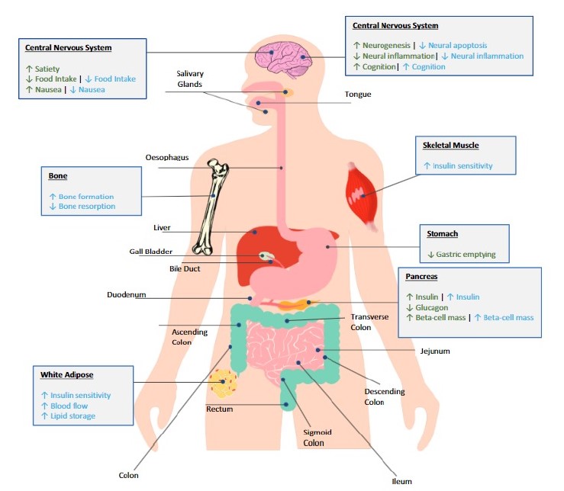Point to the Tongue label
pyautogui.click(x=358, y=95)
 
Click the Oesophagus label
pyautogui.click(x=167, y=158)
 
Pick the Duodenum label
pyautogui.click(x=126, y=294)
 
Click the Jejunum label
pyautogui.click(x=435, y=351)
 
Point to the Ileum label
pyautogui.click(x=402, y=481)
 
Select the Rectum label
pyautogui.click(x=220, y=409)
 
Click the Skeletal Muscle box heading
pyautogui.click(x=451, y=146)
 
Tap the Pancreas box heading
pyautogui.click(x=422, y=277)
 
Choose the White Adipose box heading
pyautogui.click(x=66, y=375)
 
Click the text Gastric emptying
pyautogui.click(x=466, y=254)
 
